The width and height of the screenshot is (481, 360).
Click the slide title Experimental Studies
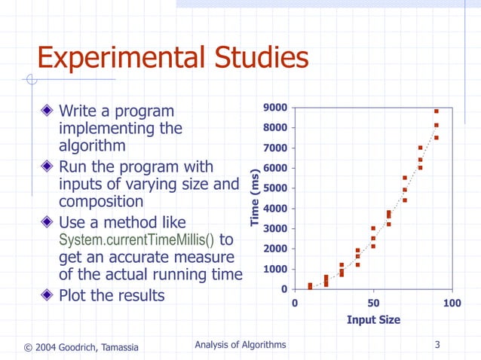[173, 58]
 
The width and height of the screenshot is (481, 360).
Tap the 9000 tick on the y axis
[274, 108]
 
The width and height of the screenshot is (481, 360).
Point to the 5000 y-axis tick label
[274, 188]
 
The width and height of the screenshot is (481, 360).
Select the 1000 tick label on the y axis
[274, 269]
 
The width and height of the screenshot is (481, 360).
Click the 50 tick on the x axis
[372, 303]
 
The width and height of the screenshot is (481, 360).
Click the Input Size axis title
[373, 319]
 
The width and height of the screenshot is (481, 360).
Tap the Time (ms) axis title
[256, 199]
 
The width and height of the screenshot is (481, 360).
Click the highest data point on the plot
[436, 111]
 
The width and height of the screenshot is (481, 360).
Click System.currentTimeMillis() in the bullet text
[136, 241]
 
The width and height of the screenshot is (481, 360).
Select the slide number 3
[437, 345]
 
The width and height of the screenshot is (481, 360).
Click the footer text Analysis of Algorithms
[240, 345]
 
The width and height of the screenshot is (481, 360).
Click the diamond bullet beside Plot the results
[47, 295]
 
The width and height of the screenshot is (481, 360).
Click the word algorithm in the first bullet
[92, 146]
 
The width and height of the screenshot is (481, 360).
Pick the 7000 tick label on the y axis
[274, 148]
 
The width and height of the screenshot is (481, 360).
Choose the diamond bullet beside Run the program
[47, 166]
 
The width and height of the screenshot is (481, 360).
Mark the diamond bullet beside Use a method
[47, 223]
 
